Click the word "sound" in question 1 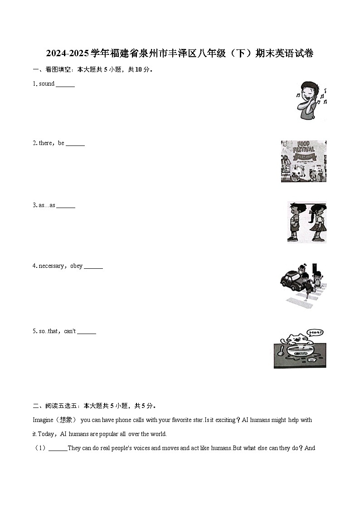click(47, 84)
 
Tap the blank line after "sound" click(65, 85)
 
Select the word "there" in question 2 click(45, 143)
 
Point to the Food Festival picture click(303, 161)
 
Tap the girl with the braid click(316, 222)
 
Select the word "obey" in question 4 click(76, 266)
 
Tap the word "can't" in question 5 click(70, 331)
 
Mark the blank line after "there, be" click(75, 145)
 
